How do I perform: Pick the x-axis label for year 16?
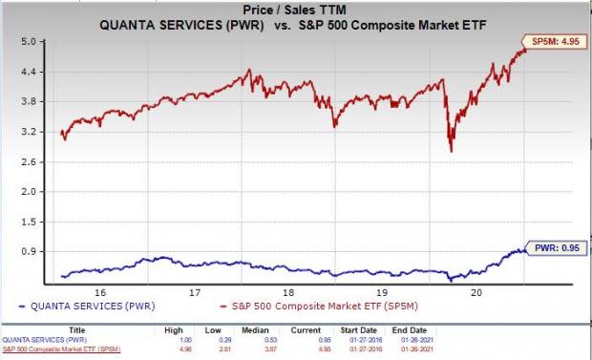pyautogui.click(x=99, y=292)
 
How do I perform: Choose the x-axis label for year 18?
pyautogui.click(x=286, y=292)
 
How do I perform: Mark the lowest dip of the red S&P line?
pyautogui.click(x=451, y=151)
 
